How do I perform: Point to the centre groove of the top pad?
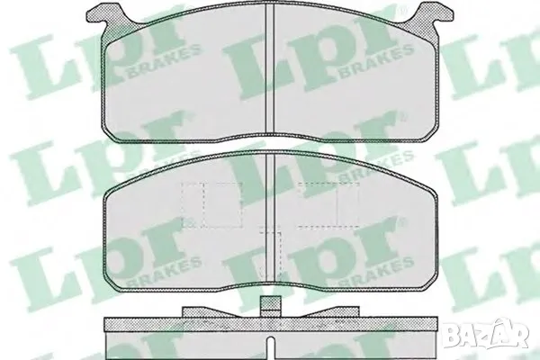tap(270, 69)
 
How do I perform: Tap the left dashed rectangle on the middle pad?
tap(211, 205)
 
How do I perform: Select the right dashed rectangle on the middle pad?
tap(328, 205)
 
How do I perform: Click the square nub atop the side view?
tap(270, 306)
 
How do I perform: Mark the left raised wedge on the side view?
tap(209, 311)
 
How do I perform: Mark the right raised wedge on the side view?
tap(331, 311)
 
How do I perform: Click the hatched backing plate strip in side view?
tap(271, 324)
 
